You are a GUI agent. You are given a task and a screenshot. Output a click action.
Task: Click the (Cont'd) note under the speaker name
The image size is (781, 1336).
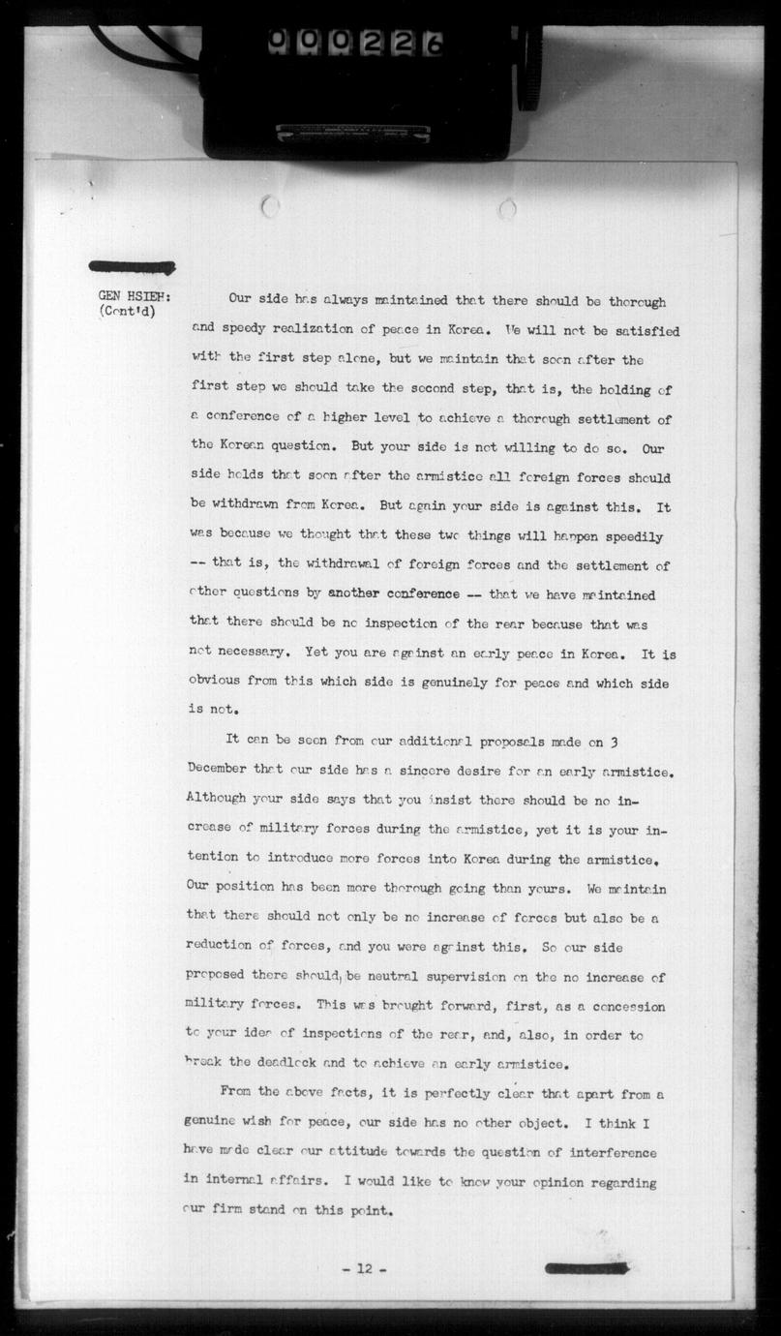(x=127, y=312)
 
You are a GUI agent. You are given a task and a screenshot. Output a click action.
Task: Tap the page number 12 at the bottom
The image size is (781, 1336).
(x=364, y=1268)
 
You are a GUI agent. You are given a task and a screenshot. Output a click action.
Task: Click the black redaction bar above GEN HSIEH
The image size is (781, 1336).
(x=132, y=267)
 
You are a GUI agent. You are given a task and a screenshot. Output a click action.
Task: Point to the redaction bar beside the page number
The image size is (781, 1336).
(x=586, y=1267)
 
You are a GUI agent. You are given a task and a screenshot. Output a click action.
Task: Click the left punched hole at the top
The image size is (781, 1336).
(x=270, y=206)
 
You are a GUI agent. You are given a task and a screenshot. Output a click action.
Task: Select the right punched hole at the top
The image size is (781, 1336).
(x=507, y=208)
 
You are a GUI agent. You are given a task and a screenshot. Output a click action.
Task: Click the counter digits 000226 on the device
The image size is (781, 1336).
(x=354, y=42)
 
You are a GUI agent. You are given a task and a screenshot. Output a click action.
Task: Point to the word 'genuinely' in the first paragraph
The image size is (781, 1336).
(x=479, y=683)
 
